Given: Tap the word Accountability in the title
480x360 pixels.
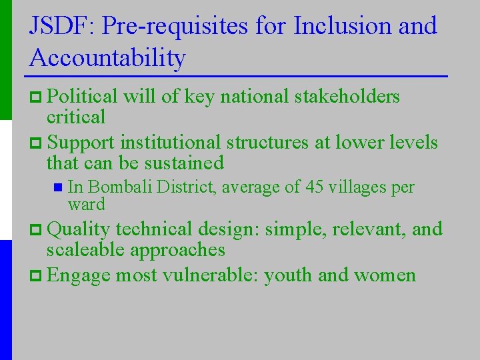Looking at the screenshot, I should (107, 58).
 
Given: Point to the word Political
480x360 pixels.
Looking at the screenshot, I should (83, 97).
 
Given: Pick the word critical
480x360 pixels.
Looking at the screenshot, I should (75, 117).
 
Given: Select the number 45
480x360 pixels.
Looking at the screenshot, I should (314, 188).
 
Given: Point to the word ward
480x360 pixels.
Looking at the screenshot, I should (87, 203).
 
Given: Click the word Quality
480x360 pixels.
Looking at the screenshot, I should (79, 229).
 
